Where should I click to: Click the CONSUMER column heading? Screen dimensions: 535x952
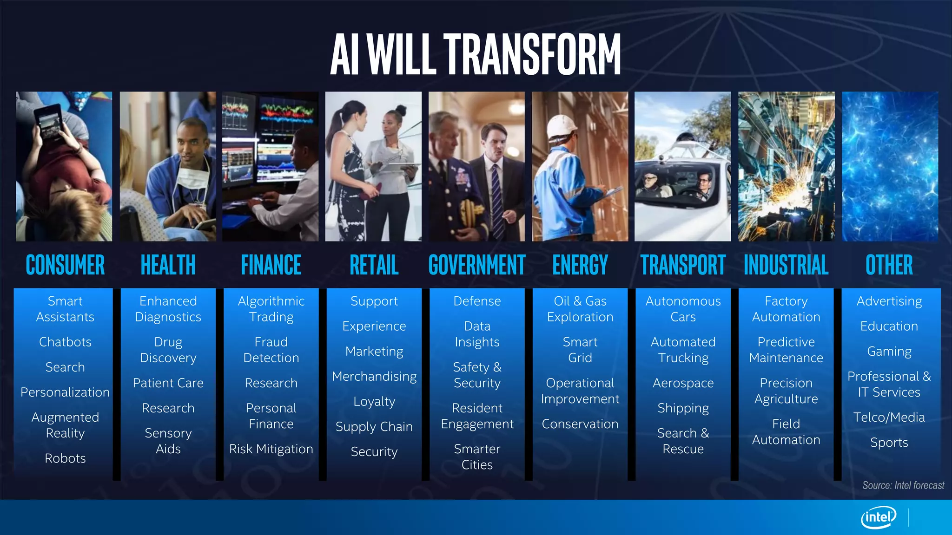point(65,265)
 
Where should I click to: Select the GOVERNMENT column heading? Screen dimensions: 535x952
point(477,265)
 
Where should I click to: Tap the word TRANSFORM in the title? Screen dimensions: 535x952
point(532,54)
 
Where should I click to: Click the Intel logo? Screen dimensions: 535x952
point(878,516)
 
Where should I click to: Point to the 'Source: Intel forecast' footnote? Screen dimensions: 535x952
point(903,485)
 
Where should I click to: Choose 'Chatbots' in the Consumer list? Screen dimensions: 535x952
point(65,342)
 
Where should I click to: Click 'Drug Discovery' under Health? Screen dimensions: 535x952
point(168,350)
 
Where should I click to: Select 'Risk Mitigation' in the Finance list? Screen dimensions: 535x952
point(271,449)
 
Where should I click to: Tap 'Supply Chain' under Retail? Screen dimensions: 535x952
point(374,427)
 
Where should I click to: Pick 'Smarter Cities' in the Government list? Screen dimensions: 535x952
point(477,457)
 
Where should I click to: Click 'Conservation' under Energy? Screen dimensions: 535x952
point(580,424)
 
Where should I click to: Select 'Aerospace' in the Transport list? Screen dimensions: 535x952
point(683,383)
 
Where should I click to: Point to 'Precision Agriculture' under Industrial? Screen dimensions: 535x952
point(786,391)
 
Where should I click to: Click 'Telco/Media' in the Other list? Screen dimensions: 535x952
point(889,418)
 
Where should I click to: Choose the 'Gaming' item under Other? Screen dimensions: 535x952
point(889,352)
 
